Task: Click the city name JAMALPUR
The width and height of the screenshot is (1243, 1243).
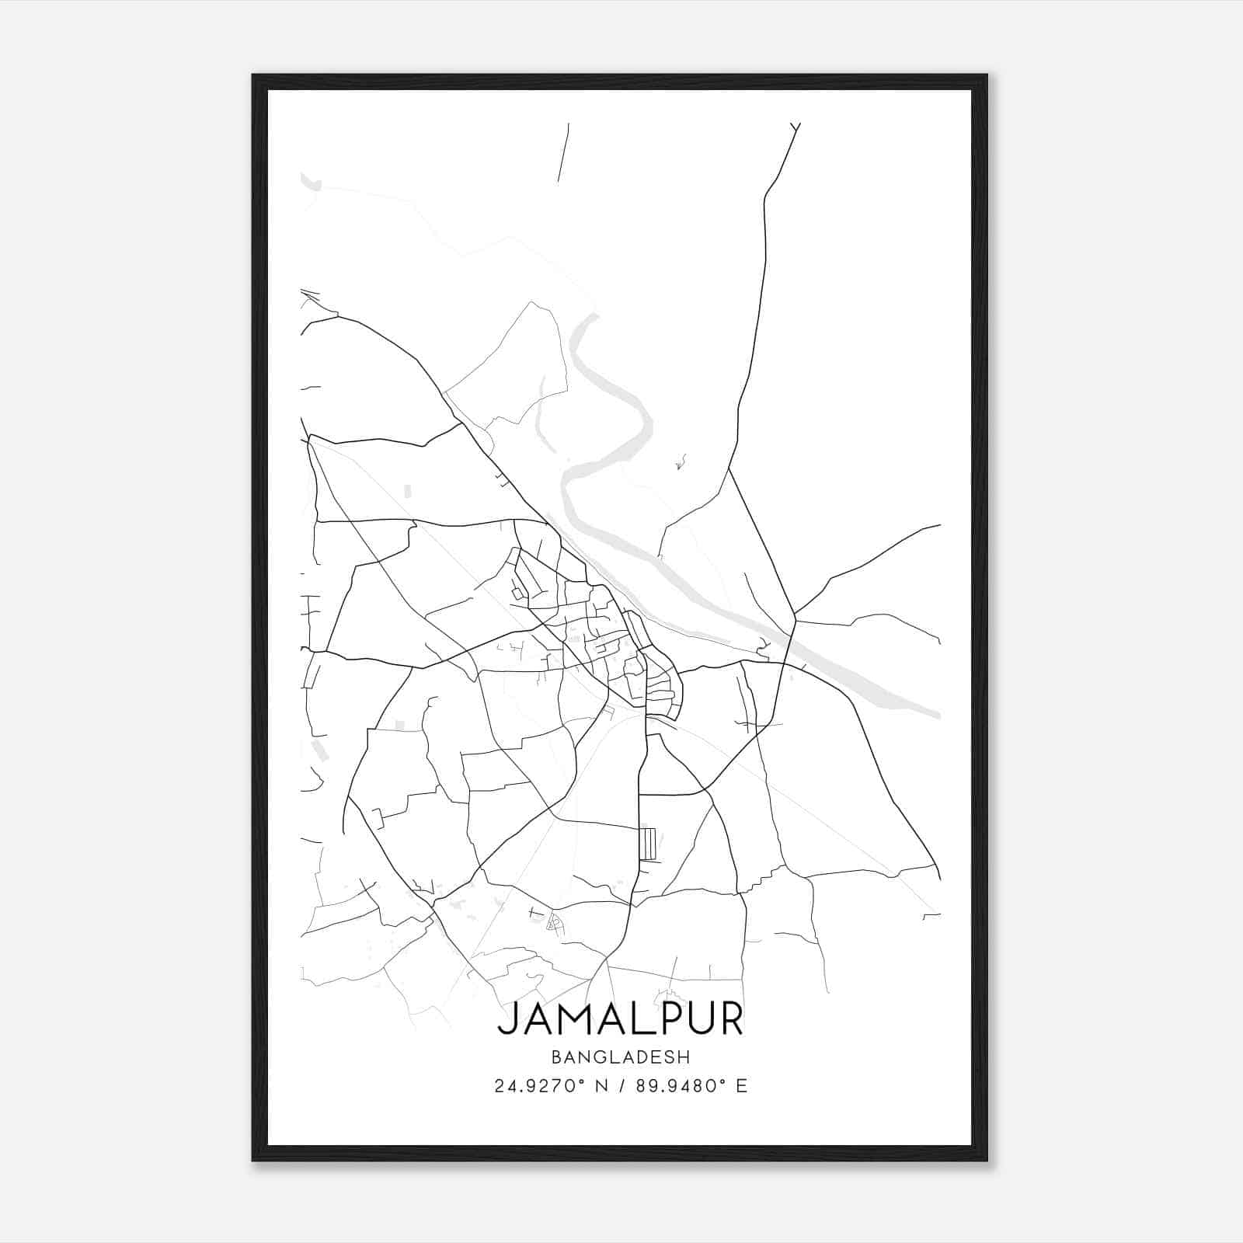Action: [x=620, y=1019]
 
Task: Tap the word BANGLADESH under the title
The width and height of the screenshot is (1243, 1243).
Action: [x=620, y=1057]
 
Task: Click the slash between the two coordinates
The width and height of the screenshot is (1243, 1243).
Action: [x=620, y=1086]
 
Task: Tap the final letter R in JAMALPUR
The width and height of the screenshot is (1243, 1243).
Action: [x=732, y=1019]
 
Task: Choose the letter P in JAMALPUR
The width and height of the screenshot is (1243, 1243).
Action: [x=665, y=1019]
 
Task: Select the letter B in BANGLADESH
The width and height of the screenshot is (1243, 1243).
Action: [x=556, y=1057]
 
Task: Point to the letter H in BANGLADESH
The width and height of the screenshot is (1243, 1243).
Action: [x=684, y=1057]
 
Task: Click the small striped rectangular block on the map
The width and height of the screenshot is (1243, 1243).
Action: [x=649, y=843]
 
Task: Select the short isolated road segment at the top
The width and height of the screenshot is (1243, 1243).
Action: [x=563, y=152]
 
